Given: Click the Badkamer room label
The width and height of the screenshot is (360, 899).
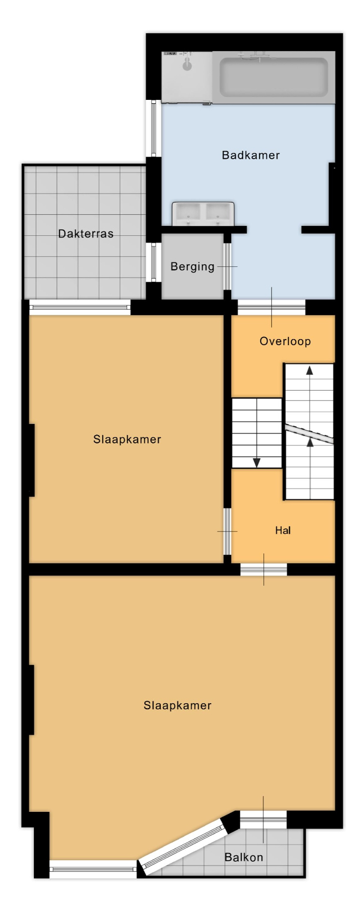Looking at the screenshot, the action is click(250, 155).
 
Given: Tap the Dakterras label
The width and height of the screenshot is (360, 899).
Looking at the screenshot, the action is click(86, 234).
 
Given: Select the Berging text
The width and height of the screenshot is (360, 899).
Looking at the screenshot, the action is click(192, 267).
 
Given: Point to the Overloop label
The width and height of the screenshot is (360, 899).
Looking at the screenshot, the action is click(285, 341).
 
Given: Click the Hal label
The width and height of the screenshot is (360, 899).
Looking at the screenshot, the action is click(283, 531).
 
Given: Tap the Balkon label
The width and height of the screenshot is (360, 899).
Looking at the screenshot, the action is click(244, 858).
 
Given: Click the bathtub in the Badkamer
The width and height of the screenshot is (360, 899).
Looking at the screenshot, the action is click(274, 78).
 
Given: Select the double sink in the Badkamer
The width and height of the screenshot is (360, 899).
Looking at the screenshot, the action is click(203, 214).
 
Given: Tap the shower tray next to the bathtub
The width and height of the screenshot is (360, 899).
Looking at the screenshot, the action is click(187, 77).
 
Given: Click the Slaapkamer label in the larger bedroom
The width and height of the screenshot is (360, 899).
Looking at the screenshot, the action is click(178, 705).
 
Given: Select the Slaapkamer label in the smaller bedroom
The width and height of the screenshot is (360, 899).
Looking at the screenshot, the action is click(127, 440).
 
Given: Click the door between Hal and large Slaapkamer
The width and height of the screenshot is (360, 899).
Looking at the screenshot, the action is click(263, 569).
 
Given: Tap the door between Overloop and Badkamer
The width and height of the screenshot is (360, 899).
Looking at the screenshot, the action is click(272, 307).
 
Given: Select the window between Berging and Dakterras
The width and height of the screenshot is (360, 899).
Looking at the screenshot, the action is click(153, 262).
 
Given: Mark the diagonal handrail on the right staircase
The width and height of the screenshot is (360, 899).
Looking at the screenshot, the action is click(309, 433).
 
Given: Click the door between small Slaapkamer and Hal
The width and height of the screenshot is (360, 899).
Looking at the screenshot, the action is click(227, 532).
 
